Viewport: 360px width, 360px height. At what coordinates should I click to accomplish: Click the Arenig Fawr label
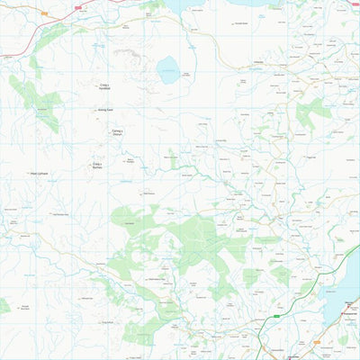tap(104, 111)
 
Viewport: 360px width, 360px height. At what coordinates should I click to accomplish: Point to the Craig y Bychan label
tap(98, 166)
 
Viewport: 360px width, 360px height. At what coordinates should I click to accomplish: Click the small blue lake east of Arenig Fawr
tap(167, 69)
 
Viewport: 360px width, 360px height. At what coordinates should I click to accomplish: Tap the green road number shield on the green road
tap(279, 317)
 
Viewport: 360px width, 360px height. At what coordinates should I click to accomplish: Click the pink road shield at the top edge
tap(77, 6)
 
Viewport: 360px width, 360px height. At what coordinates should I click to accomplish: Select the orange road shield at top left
tap(42, 15)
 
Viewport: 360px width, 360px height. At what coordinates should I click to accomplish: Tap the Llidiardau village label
tap(258, 62)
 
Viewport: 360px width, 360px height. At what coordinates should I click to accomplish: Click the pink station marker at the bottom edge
tap(294, 356)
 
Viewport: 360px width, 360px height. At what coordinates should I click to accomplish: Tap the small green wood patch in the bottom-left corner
tap(4, 307)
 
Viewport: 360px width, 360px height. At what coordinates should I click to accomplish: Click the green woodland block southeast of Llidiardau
tap(313, 113)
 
